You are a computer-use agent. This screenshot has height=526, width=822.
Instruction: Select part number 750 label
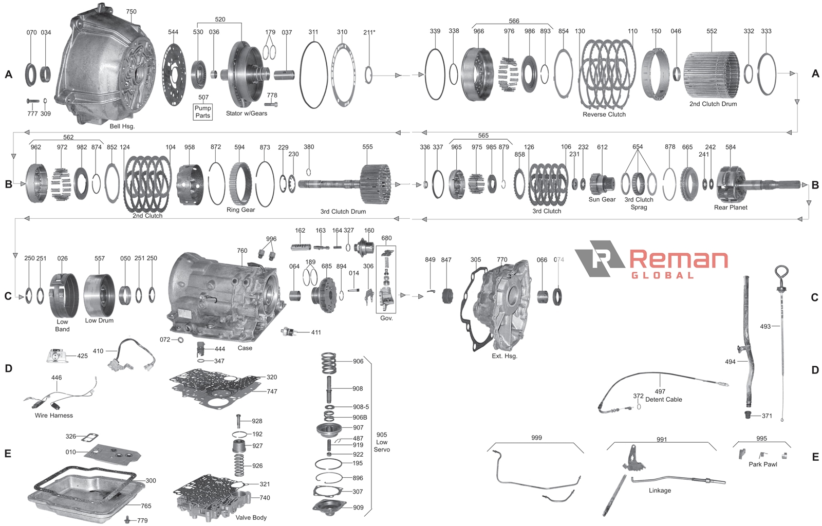(131, 11)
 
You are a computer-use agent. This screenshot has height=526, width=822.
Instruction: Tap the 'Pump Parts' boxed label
(202, 112)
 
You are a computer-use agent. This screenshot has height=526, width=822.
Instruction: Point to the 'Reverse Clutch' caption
(604, 115)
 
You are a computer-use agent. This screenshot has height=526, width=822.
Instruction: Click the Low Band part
(64, 296)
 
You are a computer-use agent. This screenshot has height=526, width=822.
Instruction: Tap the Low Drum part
(99, 295)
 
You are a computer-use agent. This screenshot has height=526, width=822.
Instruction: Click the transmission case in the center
(226, 296)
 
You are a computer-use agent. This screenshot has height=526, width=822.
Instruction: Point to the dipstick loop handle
(781, 273)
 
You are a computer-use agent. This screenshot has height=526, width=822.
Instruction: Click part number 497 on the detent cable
(660, 391)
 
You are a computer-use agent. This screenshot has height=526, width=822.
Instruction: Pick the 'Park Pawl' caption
(763, 464)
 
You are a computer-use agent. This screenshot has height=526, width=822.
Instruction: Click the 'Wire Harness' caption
(53, 415)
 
